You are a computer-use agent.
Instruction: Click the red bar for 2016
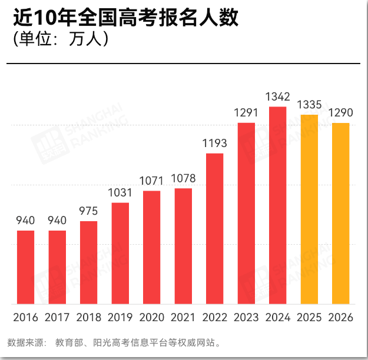pos(25,268)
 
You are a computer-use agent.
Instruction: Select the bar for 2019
pos(120,254)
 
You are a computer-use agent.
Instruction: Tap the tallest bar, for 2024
pos(278,205)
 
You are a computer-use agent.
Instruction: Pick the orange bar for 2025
pos(309,209)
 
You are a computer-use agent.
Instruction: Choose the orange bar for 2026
pos(341,214)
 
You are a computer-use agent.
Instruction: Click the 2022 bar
pos(215,229)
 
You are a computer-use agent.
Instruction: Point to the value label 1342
pos(278,97)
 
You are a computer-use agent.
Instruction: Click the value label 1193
pos(215,144)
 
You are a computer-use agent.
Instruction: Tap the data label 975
pos(88,211)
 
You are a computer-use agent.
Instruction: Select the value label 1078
pos(183,178)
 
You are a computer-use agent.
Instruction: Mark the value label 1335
pos(309,105)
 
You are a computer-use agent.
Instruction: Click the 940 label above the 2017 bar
pos(57,221)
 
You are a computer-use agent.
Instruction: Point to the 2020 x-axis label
pos(151,318)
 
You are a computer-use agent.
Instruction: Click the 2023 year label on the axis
pos(246,318)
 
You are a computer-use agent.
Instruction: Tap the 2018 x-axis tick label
pos(89,318)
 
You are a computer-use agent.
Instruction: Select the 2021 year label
pos(183,318)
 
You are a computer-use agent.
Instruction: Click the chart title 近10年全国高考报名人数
pos(126,18)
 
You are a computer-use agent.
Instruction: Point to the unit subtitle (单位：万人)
pos(61,39)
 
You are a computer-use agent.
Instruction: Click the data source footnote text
pos(114,342)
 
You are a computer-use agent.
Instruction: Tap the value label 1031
pos(120,193)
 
